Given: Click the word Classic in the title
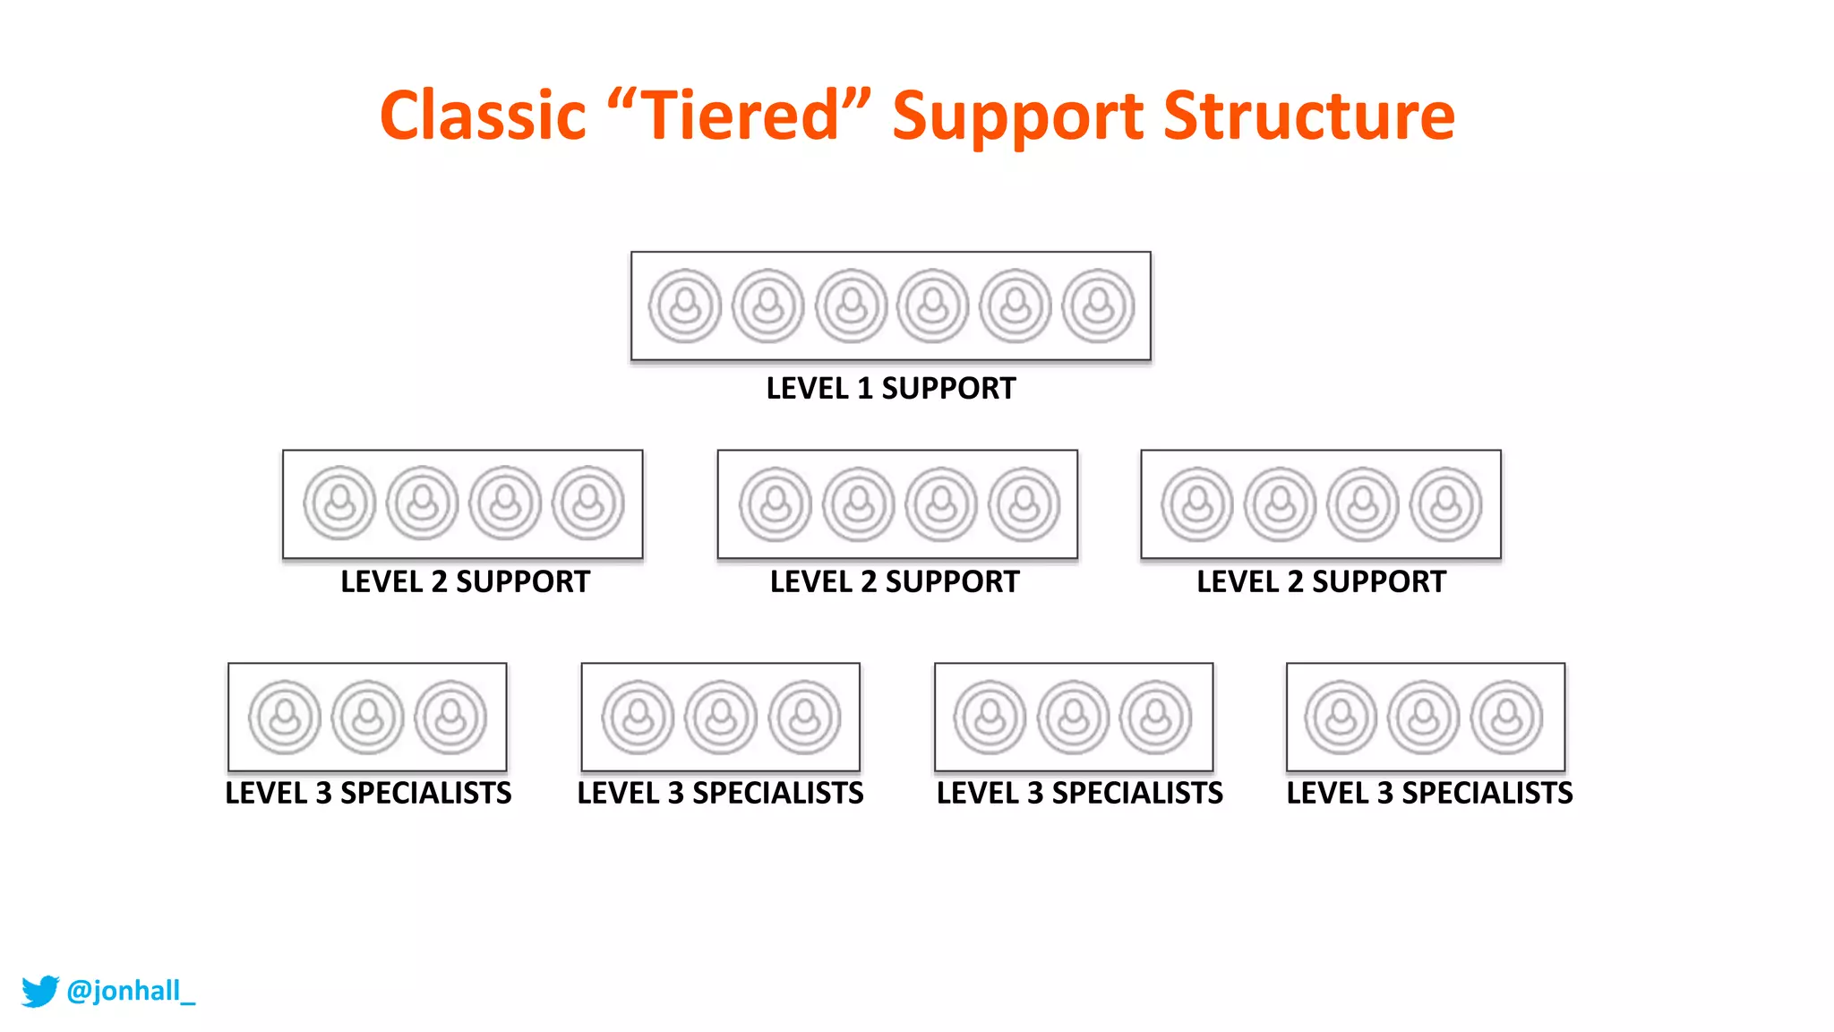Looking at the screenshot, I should pos(483,116).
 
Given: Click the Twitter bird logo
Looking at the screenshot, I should pos(39,991).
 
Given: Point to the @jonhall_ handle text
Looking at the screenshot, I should pos(131,991).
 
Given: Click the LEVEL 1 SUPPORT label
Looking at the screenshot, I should pos(890,389).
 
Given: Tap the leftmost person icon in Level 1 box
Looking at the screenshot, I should pos(685,306).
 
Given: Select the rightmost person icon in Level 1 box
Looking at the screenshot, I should pos(1098,306).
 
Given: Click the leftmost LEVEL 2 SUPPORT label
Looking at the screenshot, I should pos(465,582).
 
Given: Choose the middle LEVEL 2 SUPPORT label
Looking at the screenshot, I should pos(895,582).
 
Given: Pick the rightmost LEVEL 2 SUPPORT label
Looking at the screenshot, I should pos(1321,582).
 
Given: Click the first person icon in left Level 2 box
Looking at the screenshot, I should pos(339,503).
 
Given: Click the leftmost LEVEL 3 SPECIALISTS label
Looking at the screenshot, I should pos(368,794).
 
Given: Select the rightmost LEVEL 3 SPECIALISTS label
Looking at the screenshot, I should pos(1429,794).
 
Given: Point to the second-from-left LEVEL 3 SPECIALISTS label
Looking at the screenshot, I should pos(720,794).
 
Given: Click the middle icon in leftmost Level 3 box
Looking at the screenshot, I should pos(367,717).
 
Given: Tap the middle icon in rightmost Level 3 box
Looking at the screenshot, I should pos(1424,717).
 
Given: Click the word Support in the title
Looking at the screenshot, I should pos(1017,116).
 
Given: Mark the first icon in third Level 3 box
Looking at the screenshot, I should pos(990,717).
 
